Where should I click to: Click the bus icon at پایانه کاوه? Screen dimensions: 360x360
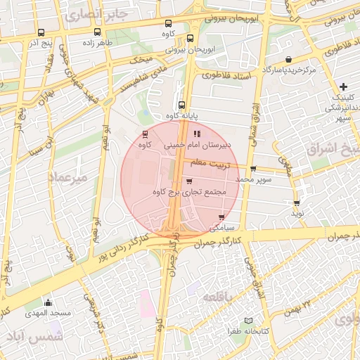tap(181, 105)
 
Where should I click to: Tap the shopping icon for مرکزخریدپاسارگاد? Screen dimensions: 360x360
tap(289, 60)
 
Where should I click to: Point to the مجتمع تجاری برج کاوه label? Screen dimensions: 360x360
tap(189, 191)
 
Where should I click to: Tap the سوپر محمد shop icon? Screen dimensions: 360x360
tap(253, 169)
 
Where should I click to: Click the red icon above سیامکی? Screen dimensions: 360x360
tap(222, 217)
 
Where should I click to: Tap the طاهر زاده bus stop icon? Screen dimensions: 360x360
tap(97, 32)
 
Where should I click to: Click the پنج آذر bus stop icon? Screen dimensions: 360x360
tap(41, 32)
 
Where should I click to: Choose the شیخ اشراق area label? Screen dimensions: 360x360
tap(334, 149)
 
